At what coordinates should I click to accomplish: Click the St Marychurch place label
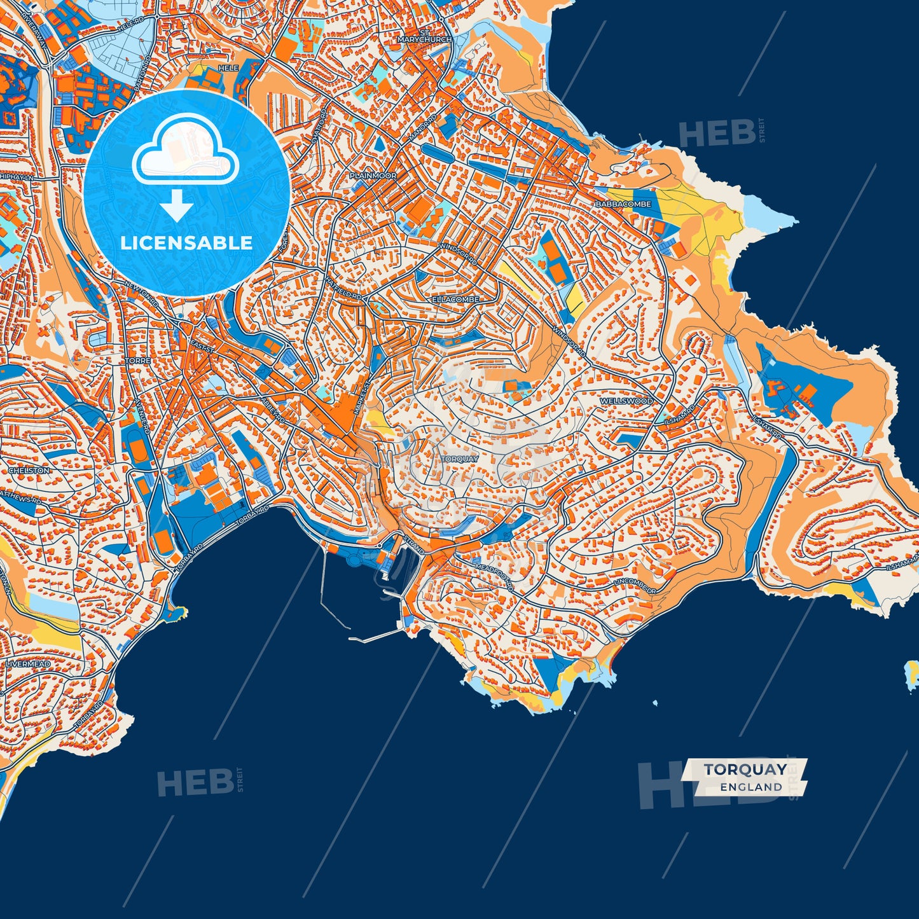point(424,36)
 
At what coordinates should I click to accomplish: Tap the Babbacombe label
point(623,204)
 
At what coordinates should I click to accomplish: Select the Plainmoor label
point(373,176)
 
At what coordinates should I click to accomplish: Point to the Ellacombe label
point(455,299)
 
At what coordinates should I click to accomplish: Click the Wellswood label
point(626,401)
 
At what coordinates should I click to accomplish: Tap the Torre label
point(138,361)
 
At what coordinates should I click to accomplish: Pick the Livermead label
point(28,664)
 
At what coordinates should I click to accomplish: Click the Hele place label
point(228,68)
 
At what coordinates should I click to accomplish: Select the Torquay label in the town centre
point(459,459)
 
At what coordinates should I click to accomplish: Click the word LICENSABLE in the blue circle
point(186,243)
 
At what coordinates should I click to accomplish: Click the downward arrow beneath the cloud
point(177,206)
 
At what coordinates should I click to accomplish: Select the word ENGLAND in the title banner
point(751,787)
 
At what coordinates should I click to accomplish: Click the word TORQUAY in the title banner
point(745,770)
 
